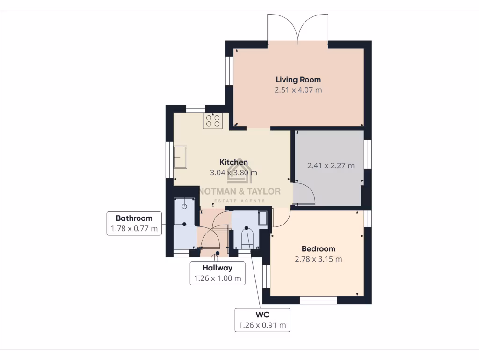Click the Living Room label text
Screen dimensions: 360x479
298,80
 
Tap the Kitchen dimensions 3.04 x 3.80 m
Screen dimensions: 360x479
234,172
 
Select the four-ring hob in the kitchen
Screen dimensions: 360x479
212,121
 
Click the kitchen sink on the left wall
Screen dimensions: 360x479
180,157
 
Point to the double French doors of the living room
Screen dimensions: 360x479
298,29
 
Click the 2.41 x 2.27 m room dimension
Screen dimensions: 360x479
330,165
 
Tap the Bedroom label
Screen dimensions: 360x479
318,249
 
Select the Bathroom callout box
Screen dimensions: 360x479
134,224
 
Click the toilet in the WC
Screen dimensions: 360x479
247,239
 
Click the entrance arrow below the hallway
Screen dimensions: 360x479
216,255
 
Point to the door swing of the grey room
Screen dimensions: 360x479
304,195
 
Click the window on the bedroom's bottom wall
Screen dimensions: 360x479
318,300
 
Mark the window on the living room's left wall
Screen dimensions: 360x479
229,71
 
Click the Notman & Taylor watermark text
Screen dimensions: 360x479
240,191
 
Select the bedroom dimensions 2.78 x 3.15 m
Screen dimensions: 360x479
318,259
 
